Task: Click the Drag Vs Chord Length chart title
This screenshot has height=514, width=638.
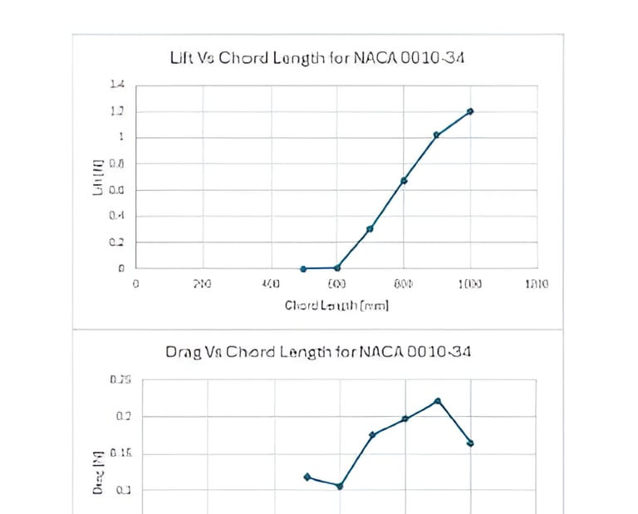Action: coord(319,352)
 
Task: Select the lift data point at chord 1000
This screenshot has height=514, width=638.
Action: coord(470,111)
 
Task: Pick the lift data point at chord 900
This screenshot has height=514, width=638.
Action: coord(436,135)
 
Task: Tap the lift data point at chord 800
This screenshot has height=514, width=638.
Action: coord(404,180)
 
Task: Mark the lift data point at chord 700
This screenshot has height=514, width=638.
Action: coord(370,228)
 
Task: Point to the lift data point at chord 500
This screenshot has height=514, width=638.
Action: coord(303,269)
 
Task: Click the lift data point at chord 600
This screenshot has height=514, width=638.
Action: coord(337,267)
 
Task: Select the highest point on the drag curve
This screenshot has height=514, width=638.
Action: coord(438,401)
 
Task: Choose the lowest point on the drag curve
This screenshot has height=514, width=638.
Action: coord(340,486)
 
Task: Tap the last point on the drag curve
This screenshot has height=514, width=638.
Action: coord(470,443)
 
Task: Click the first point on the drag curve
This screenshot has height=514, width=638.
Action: coord(307,477)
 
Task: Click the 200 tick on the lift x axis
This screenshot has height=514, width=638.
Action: coord(202,284)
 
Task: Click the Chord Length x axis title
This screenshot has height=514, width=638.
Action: coord(336,306)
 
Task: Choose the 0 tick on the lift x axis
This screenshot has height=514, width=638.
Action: coord(136,284)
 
